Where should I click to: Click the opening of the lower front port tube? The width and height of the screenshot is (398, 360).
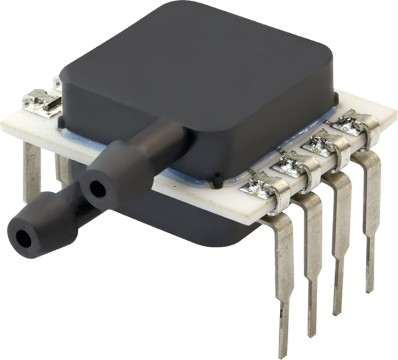pyautogui.click(x=24, y=237)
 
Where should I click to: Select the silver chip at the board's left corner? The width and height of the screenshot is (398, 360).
pyautogui.click(x=42, y=103)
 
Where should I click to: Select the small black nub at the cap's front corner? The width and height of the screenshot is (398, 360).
pyautogui.click(x=217, y=180)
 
